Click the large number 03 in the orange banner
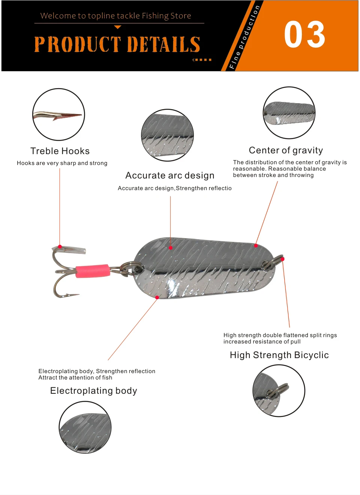tap(304, 34)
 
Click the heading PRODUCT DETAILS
tap(117, 44)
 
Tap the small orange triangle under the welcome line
tap(118, 27)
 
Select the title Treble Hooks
tap(60, 151)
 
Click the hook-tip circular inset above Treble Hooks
tap(58, 115)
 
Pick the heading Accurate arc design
tap(170, 175)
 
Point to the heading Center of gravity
tap(286, 150)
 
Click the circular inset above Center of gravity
tap(289, 113)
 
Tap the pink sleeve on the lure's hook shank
tap(93, 271)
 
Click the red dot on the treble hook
tap(60, 246)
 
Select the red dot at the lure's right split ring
tap(282, 259)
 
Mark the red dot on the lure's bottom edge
tap(157, 297)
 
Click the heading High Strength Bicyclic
tap(279, 355)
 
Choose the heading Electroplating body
tap(94, 391)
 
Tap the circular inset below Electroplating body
tap(85, 427)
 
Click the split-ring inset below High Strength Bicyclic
tap(279, 391)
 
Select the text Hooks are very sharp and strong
tap(62, 163)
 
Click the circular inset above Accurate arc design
tap(167, 135)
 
